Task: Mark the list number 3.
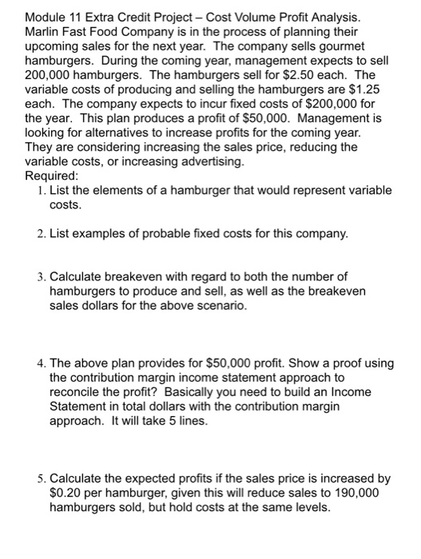click(41, 277)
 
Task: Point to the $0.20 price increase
click(67, 494)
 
